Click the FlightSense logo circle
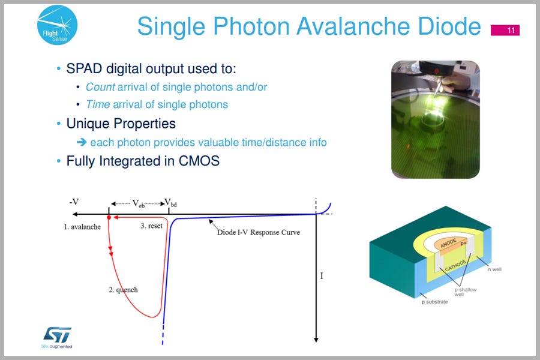[x=57, y=25]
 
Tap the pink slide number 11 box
[x=505, y=31]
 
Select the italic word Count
[x=100, y=87]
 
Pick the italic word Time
[x=98, y=104]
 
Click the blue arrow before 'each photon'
[x=82, y=142]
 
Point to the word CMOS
[x=199, y=161]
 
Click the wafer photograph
[x=436, y=119]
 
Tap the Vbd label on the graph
[x=170, y=203]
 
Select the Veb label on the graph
[x=139, y=203]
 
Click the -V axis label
[x=74, y=202]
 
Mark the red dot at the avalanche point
[x=109, y=218]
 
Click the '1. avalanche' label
[x=82, y=227]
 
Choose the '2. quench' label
[x=123, y=290]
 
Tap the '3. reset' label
[x=151, y=226]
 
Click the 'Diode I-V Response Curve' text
[x=258, y=232]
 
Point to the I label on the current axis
[x=322, y=275]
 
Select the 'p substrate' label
[x=434, y=302]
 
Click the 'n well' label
[x=494, y=269]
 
